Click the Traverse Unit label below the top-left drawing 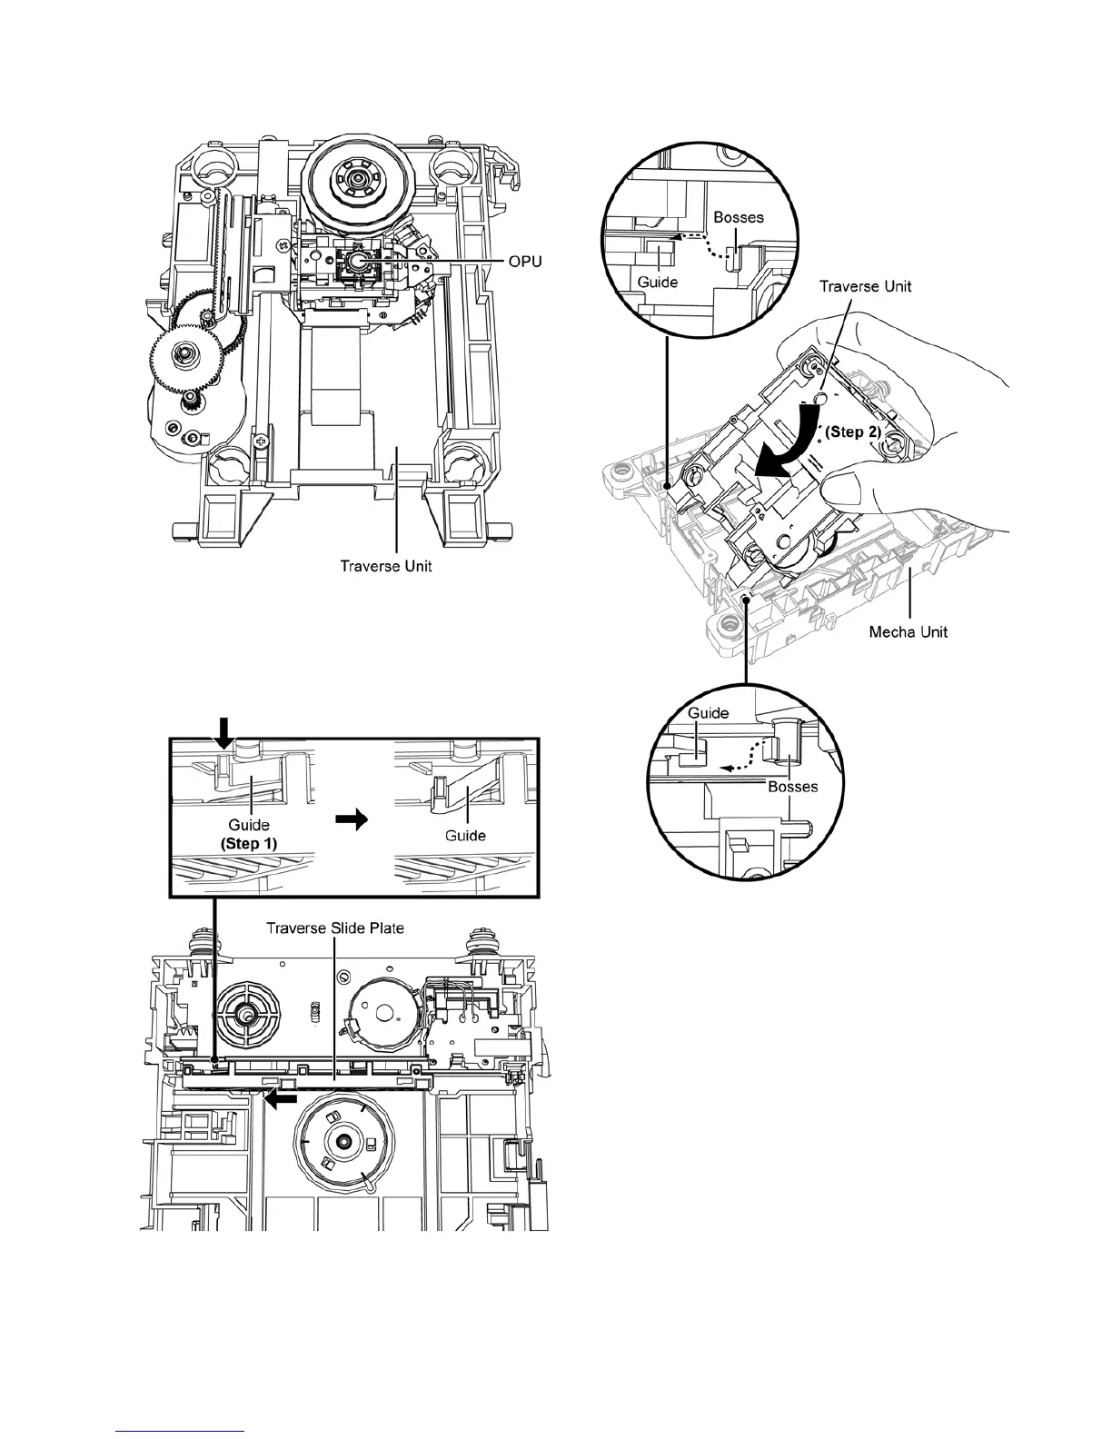pos(386,566)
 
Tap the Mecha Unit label pos(908,631)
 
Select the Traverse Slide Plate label pos(334,928)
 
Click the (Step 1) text pos(249,842)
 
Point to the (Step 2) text pos(851,432)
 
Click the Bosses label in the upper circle pos(739,218)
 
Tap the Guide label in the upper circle pos(657,282)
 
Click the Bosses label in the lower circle pos(792,787)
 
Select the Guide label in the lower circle pos(708,713)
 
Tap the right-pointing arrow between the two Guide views pos(352,819)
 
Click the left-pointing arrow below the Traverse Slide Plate pos(281,1098)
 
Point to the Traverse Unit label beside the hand pos(865,286)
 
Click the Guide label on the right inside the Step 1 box pos(465,835)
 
